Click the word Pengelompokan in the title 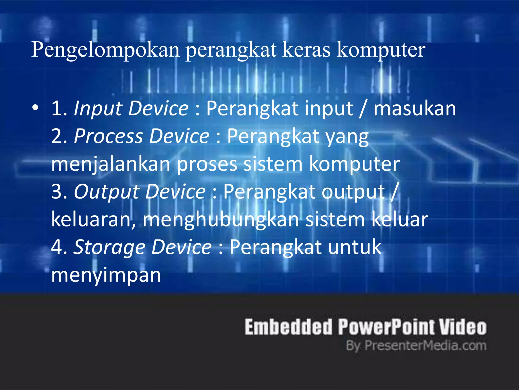click(x=105, y=50)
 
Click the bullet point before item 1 click(x=35, y=108)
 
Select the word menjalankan click(x=111, y=164)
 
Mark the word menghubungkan click(x=221, y=220)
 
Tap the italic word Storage click(x=109, y=247)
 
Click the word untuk click(x=355, y=247)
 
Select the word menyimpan click(x=106, y=275)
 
